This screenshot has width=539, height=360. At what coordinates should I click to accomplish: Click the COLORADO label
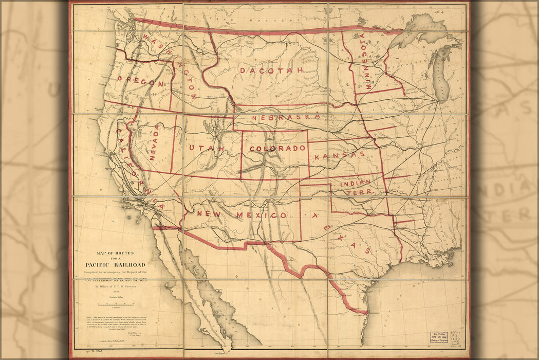(x=277, y=149)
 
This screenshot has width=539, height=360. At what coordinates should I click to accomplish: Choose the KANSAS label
(x=340, y=155)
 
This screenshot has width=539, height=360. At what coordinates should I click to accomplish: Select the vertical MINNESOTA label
(x=365, y=62)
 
